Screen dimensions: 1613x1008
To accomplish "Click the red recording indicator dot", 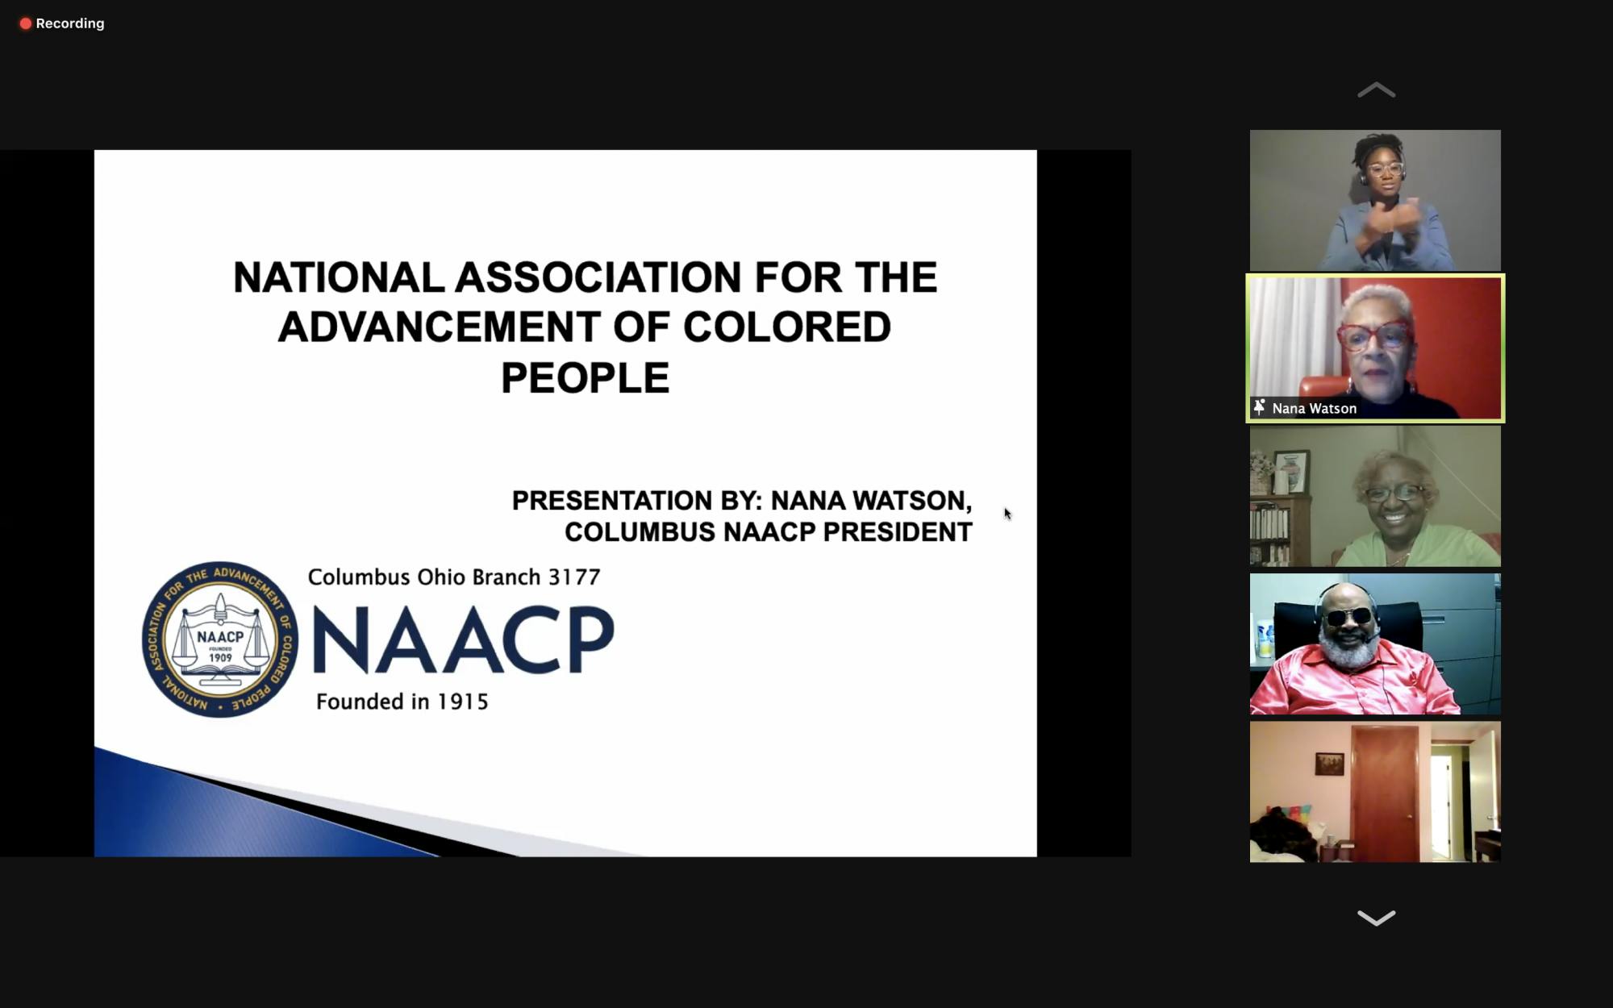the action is tap(26, 23).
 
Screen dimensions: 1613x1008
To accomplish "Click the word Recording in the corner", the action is tap(70, 23).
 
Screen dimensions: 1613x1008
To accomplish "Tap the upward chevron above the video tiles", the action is tap(1376, 90).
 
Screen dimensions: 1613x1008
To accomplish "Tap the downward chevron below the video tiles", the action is tap(1376, 918).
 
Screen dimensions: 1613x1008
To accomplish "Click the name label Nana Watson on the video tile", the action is tap(1314, 409).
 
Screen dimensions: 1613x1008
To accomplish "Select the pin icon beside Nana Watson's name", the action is tap(1259, 407).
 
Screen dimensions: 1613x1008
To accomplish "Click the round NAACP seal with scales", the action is tap(220, 639).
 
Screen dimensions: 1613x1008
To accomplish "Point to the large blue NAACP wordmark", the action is tap(463, 639).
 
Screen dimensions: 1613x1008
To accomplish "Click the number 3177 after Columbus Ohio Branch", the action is tap(574, 577).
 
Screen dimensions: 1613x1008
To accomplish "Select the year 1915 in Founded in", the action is tap(463, 702).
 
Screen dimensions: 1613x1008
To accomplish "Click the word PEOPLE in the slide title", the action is tap(586, 378).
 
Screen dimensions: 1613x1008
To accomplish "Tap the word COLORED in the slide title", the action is tap(787, 327).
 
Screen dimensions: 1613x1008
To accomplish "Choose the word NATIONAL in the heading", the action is tap(339, 277).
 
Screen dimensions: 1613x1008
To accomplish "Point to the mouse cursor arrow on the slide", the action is tap(1007, 514).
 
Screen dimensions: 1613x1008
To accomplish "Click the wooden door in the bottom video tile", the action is tap(1385, 793).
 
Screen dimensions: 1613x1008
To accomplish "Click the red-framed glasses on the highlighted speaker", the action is tap(1374, 336).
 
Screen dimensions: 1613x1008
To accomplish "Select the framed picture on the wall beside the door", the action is tap(1330, 763).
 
